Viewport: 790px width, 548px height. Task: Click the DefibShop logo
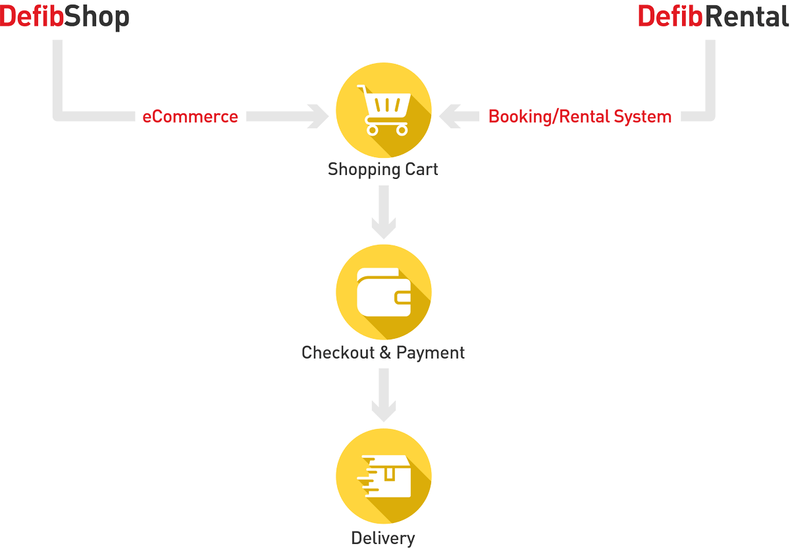pyautogui.click(x=65, y=17)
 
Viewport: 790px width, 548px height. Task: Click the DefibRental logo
pyautogui.click(x=714, y=16)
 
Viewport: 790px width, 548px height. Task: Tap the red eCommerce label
pyautogui.click(x=190, y=116)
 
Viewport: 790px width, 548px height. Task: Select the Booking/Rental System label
pyautogui.click(x=580, y=116)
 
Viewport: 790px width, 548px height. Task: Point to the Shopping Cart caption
pyautogui.click(x=382, y=169)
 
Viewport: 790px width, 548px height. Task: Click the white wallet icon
pyautogui.click(x=384, y=292)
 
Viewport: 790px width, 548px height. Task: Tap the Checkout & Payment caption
pyautogui.click(x=383, y=353)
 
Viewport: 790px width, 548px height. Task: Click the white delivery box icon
pyautogui.click(x=384, y=476)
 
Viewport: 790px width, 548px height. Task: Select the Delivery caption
pyautogui.click(x=383, y=538)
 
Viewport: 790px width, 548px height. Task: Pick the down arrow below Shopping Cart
pyautogui.click(x=384, y=212)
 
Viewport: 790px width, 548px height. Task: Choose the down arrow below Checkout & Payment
pyautogui.click(x=384, y=395)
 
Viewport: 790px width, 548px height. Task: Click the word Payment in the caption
pyautogui.click(x=431, y=353)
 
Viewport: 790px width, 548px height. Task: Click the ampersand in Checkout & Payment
pyautogui.click(x=385, y=353)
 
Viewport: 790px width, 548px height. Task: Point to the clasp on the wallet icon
pyautogui.click(x=403, y=298)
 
